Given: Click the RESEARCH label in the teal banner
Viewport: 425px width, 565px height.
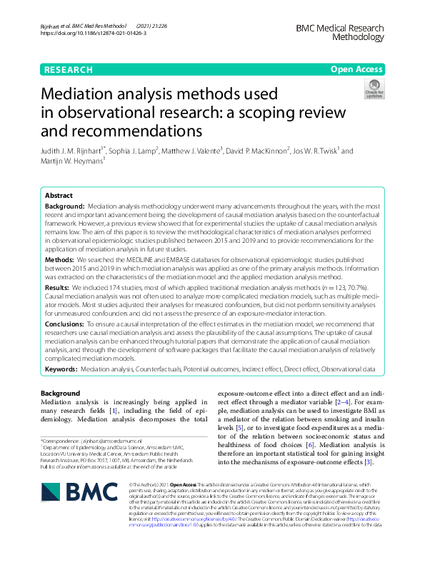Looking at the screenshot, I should (x=68, y=70).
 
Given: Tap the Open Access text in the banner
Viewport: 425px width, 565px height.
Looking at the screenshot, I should (x=356, y=70).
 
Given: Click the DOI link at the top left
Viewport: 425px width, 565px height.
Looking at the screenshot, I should (x=84, y=34).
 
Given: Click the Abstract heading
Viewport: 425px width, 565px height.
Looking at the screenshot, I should (x=59, y=195).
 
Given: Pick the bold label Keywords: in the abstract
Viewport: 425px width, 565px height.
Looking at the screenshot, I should (x=61, y=370).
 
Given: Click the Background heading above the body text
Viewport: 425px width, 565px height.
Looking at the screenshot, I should (x=60, y=394).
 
